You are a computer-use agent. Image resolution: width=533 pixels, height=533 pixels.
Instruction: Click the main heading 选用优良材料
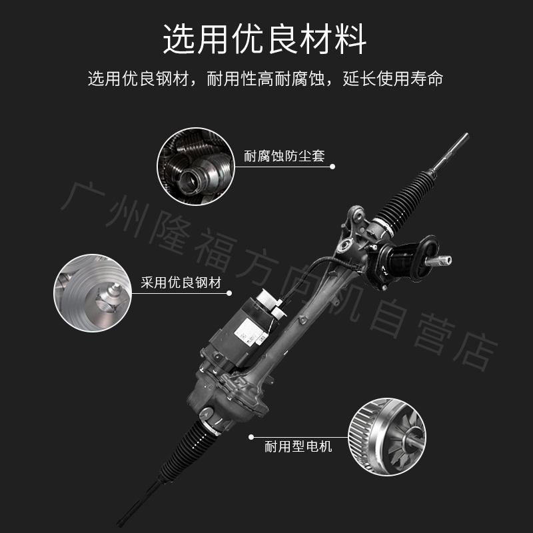pos(265,39)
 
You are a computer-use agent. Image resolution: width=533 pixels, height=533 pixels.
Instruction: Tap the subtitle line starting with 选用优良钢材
pos(265,79)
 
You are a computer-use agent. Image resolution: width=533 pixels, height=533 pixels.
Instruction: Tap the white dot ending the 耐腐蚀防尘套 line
pos(334,167)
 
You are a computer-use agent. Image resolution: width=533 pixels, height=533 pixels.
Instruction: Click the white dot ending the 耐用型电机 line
pos(251,437)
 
